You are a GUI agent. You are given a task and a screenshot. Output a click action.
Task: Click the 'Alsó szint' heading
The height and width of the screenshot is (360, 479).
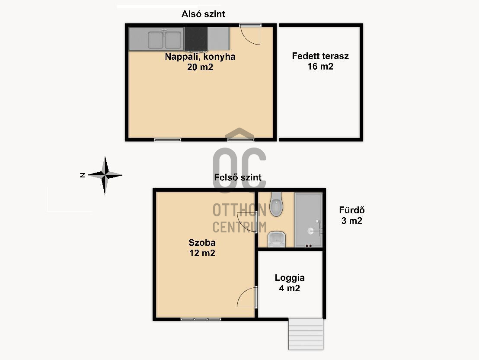(203, 14)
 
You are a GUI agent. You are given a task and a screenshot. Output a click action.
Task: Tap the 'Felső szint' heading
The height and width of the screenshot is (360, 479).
(238, 177)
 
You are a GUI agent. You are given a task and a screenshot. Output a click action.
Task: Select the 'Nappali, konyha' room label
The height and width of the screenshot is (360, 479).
(200, 57)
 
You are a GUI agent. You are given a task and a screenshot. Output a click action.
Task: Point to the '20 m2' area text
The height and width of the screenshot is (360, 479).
(200, 67)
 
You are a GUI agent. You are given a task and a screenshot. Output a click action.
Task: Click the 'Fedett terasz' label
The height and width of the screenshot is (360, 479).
(320, 56)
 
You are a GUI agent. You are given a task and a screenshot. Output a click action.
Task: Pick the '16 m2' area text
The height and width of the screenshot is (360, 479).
(320, 66)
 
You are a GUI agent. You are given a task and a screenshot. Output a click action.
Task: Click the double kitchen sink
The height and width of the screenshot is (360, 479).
(165, 40)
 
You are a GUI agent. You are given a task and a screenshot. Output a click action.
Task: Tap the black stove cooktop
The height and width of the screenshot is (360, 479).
(196, 39)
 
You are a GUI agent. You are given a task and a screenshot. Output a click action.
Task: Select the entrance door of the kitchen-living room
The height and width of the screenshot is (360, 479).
(250, 34)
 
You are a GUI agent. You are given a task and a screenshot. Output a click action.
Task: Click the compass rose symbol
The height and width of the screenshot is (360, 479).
(105, 175)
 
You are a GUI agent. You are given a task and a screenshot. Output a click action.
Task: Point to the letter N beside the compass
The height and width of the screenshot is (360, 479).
(83, 175)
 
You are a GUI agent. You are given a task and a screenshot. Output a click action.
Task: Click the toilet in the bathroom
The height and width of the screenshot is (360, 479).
(276, 204)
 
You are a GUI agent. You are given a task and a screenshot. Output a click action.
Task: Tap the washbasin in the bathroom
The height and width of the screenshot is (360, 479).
(277, 239)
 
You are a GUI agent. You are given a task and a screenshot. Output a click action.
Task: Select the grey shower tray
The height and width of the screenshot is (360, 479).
(308, 220)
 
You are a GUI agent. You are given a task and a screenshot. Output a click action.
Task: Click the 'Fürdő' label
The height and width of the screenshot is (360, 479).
(351, 210)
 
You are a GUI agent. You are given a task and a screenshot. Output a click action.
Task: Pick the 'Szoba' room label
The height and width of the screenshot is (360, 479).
(202, 243)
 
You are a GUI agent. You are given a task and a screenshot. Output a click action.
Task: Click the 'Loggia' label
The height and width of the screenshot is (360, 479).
(290, 278)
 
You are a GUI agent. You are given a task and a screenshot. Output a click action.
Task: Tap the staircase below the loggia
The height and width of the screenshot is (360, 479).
(306, 334)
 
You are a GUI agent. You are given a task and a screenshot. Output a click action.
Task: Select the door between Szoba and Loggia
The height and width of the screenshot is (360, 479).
(247, 297)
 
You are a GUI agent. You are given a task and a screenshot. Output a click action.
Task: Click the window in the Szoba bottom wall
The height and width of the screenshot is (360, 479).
(201, 319)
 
